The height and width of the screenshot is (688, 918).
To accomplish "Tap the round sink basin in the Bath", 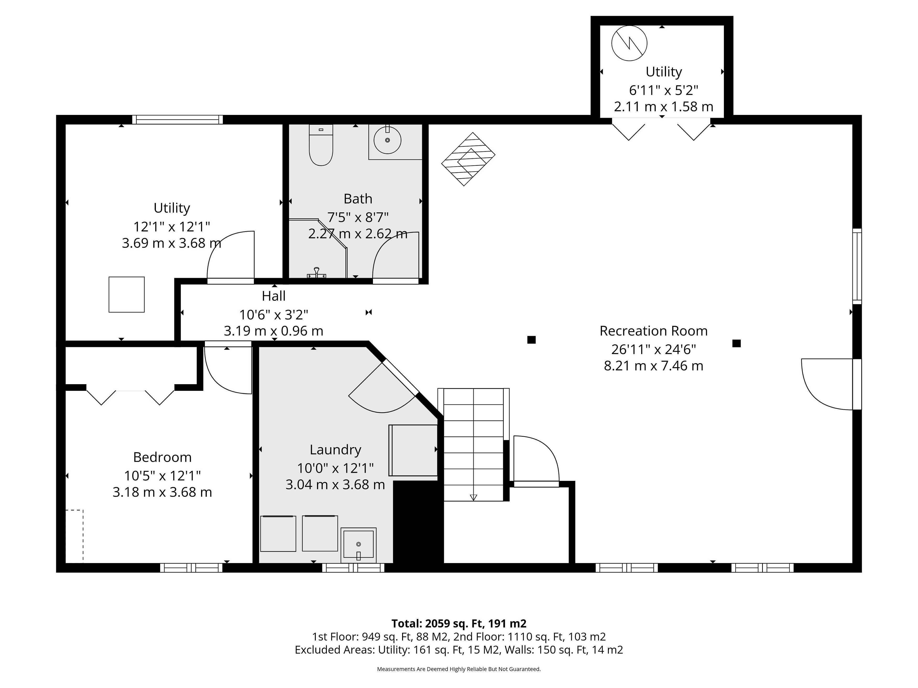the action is tap(387, 140).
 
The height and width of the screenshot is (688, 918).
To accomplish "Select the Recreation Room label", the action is tap(654, 331).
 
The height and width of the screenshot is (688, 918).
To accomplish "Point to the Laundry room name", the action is tap(335, 450).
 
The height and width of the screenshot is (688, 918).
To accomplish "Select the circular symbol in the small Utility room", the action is tap(629, 43).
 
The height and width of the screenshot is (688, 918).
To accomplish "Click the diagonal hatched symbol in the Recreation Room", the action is tap(468, 159).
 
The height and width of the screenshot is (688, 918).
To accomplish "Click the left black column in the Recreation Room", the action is tap(531, 340).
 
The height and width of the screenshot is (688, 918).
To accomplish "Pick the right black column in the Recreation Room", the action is tap(737, 343).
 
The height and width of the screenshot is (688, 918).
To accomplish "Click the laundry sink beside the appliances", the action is tap(359, 545).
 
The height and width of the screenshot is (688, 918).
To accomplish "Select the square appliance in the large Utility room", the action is tap(126, 295).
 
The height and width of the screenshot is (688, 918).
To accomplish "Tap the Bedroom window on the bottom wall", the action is tap(191, 568).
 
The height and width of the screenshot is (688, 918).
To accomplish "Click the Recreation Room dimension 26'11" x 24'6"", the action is tap(654, 349).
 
